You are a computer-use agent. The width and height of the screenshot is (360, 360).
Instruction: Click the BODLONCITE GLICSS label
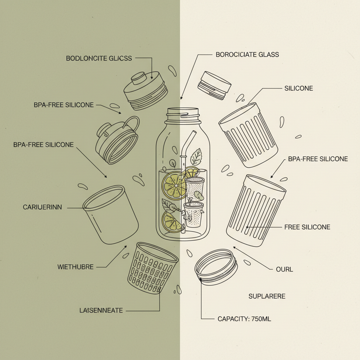[99, 58]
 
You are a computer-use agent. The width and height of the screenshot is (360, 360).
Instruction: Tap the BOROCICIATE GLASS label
[247, 54]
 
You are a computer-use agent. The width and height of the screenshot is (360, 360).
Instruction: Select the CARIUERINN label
[42, 207]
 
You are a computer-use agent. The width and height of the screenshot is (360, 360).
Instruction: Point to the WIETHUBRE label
[75, 267]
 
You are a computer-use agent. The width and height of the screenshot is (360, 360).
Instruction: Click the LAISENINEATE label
[101, 310]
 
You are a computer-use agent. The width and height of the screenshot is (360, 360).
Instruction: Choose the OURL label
[284, 269]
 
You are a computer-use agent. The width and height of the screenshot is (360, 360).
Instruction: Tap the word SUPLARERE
[267, 296]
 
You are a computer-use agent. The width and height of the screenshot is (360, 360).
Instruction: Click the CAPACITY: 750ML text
[244, 319]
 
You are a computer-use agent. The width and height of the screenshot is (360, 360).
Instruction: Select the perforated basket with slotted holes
[152, 267]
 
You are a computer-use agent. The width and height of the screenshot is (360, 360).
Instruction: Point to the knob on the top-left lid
[139, 78]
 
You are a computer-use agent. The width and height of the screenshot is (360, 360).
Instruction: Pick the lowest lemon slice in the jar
[171, 221]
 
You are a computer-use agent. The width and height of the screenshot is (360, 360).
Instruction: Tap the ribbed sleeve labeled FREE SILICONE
[256, 211]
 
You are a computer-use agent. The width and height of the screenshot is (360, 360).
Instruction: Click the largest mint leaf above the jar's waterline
[196, 157]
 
